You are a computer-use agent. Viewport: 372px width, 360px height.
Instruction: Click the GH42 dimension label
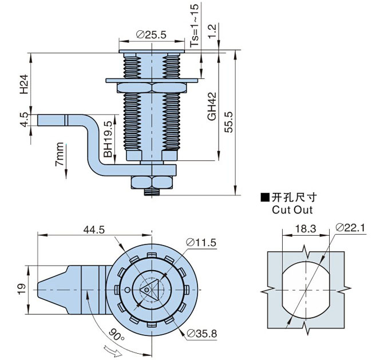[x=211, y=106]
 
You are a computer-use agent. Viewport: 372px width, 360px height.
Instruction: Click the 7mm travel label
[x=60, y=155]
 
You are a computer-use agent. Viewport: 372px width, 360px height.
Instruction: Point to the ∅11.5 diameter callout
[x=200, y=243]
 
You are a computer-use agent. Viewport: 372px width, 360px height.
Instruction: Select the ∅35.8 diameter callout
[x=201, y=333]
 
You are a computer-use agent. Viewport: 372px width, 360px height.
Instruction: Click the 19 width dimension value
[x=20, y=289]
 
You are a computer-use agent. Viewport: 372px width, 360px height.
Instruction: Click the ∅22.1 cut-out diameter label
[x=351, y=228]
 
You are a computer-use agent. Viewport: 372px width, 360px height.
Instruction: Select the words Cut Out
[x=292, y=209]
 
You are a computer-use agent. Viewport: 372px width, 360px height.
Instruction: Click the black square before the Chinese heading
[x=264, y=198]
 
